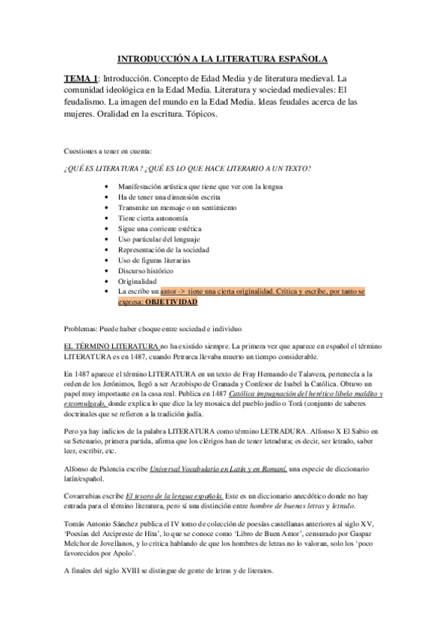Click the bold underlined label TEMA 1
click(x=80, y=78)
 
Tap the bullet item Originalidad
click(x=139, y=280)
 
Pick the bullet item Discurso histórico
click(x=146, y=270)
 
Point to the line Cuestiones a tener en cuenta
click(x=108, y=151)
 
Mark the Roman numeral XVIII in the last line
click(x=115, y=570)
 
